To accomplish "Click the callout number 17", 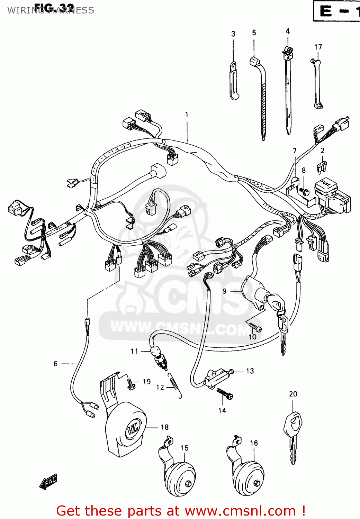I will pos(318,47).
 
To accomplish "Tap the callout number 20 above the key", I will pos(293,394).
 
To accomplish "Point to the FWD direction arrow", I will pos(48,482).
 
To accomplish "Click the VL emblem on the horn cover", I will pos(132,430).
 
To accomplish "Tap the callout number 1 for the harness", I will pos(187,115).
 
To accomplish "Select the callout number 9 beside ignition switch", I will pos(224,291).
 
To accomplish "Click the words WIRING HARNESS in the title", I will pos(51,10).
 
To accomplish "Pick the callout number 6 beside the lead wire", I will pos(55,364).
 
